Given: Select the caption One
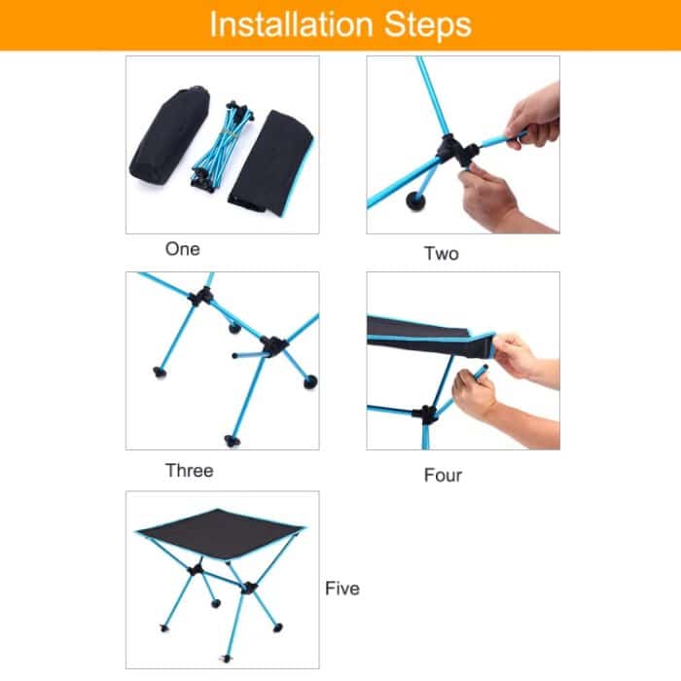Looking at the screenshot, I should (182, 249).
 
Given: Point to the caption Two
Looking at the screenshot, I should (441, 254).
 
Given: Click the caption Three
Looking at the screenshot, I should (189, 471).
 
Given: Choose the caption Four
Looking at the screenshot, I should (443, 476).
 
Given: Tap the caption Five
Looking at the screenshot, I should (342, 589).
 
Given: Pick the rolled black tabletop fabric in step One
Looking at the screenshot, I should (271, 160).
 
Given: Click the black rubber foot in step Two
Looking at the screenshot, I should (417, 201).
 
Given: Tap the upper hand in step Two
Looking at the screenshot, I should (534, 113).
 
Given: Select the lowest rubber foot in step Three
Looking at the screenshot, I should (232, 441).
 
